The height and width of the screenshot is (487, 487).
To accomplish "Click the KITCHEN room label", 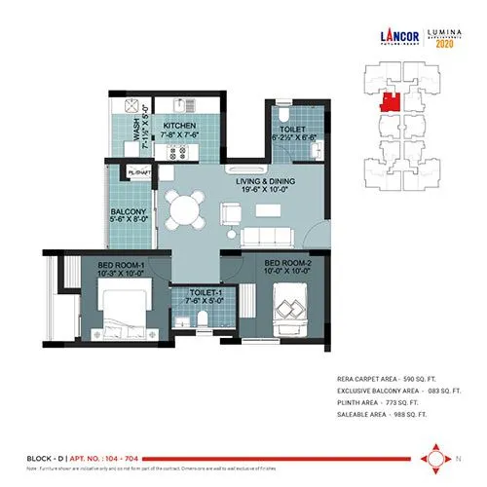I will [180, 126].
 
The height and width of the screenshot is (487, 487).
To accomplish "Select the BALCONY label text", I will [129, 213].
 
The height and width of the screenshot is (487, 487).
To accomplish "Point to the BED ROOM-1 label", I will [121, 265].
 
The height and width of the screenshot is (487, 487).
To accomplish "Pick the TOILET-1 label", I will [194, 297].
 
